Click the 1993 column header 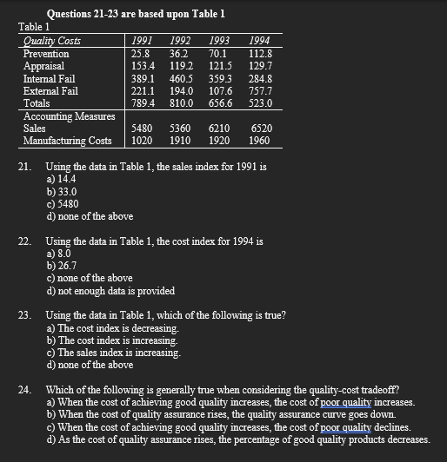click(x=221, y=40)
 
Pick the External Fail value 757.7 click(x=259, y=89)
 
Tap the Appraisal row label click(x=43, y=65)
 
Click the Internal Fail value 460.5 click(x=181, y=77)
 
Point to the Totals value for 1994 click(x=258, y=102)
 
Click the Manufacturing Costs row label click(x=67, y=140)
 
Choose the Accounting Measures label click(x=69, y=115)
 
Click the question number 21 click(x=24, y=165)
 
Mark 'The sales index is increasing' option click(x=114, y=353)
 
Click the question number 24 click(x=24, y=390)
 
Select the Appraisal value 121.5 click(x=220, y=65)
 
